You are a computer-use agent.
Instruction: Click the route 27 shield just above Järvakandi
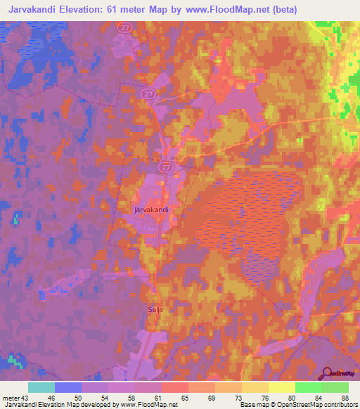tap(166, 167)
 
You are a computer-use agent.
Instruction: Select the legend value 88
tap(345, 398)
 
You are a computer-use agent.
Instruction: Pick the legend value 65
tap(184, 398)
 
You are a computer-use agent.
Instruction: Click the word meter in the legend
tap(10, 398)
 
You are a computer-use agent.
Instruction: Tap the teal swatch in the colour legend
tap(41, 387)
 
